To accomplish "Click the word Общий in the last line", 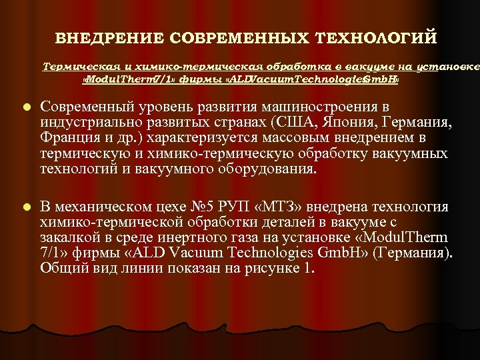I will click(x=62, y=269).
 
